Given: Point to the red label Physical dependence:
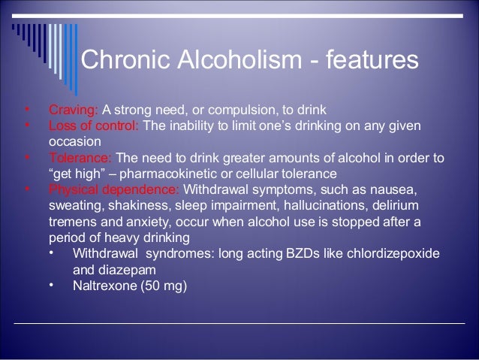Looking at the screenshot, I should pyautogui.click(x=113, y=188).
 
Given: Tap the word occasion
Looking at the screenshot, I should pyautogui.click(x=73, y=141).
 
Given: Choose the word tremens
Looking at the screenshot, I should pyautogui.click(x=71, y=222).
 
